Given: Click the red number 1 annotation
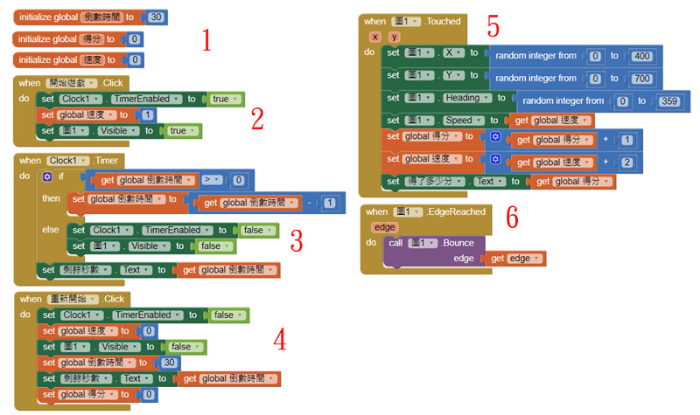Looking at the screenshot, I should point(206,39).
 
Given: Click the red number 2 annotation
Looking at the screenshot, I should point(257,119).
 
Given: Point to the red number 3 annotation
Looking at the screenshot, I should point(296,238).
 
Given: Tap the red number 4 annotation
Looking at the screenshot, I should point(280,339).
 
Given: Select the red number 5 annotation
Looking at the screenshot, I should point(493,27).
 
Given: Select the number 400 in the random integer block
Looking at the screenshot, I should point(642,56).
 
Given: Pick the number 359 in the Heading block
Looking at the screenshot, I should point(670,100).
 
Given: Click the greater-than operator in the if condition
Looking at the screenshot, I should point(210,179).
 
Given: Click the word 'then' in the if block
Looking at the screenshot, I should point(52,199).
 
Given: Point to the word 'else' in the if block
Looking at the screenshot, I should point(51,230).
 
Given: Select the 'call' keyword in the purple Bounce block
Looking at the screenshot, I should point(396,243).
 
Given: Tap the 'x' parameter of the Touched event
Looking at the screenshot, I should point(374,37).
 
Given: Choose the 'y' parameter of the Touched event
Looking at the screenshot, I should point(395,37).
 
